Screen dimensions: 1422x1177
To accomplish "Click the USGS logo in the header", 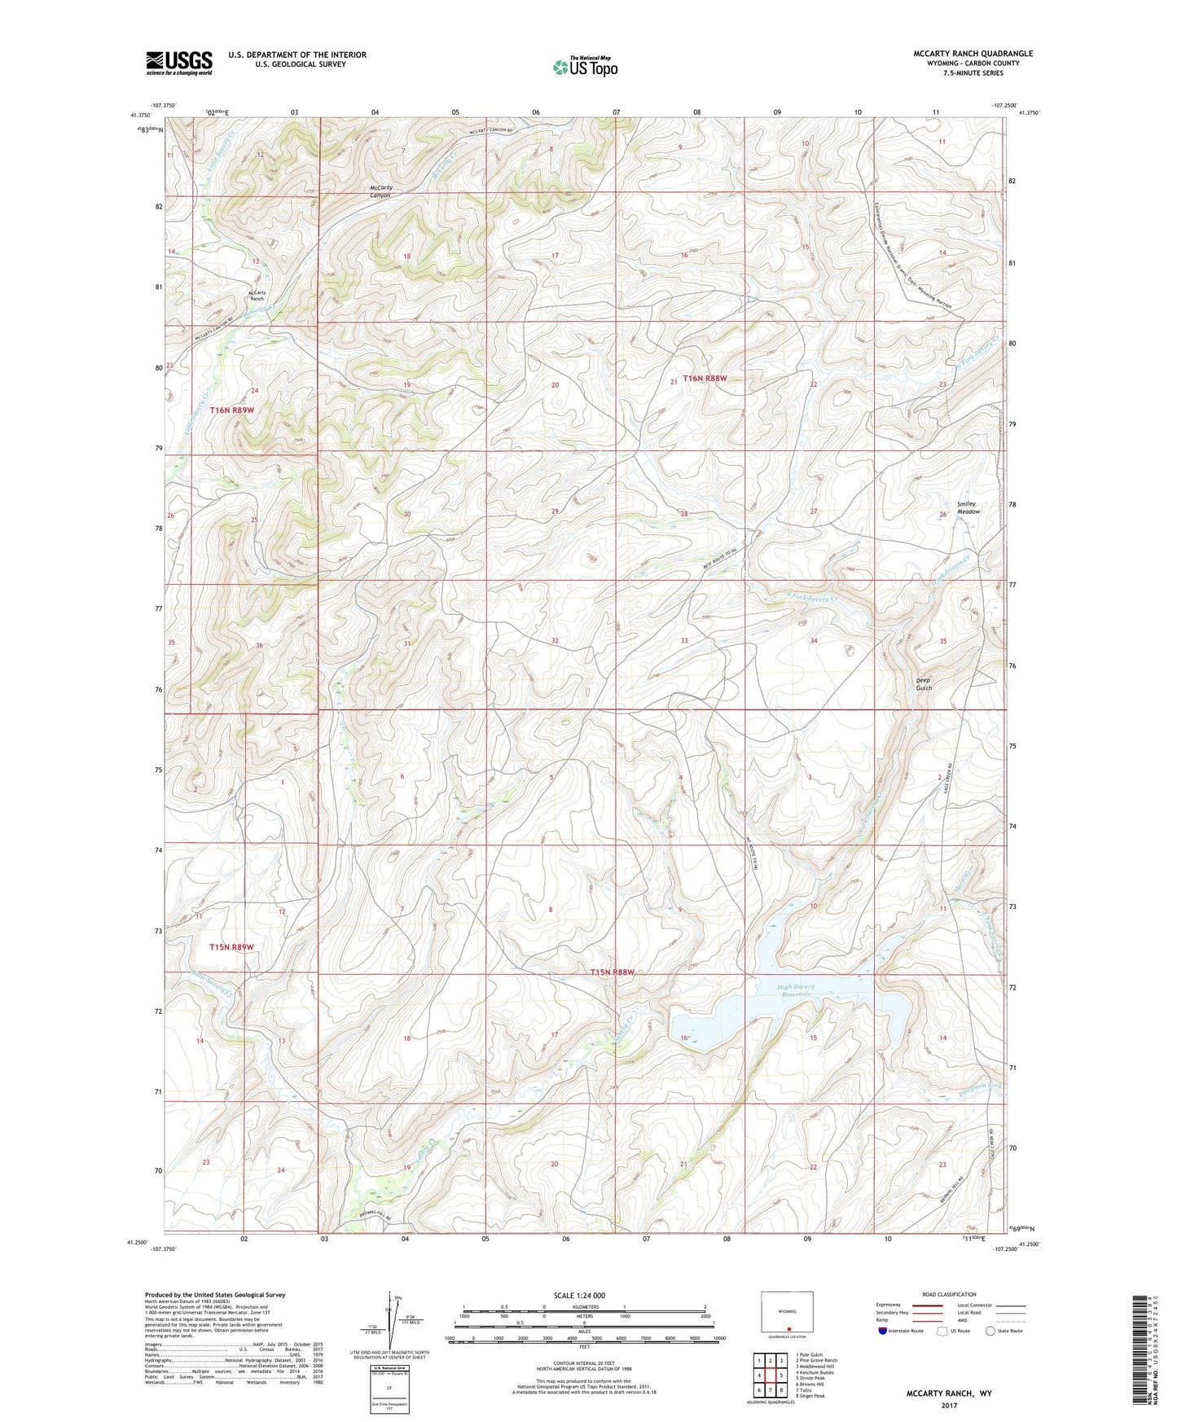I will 179,63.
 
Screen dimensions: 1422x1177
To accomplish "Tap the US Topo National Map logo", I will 585,67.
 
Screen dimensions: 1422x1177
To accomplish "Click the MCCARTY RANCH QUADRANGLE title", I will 973,54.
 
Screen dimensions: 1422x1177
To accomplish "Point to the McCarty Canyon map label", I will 380,191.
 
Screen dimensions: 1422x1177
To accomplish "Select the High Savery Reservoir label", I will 795,991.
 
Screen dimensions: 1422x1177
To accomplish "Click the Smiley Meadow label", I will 967,507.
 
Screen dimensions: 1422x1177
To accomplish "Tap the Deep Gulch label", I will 923,684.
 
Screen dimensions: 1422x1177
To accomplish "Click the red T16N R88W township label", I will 704,378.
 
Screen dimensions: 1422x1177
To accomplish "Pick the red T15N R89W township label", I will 231,947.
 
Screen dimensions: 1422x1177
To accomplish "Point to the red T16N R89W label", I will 232,410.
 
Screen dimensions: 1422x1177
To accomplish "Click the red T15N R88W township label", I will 612,972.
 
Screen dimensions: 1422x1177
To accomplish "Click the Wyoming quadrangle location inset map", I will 786,1312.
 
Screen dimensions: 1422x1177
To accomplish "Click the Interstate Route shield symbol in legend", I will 883,1332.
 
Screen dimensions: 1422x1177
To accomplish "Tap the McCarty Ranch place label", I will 257,296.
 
